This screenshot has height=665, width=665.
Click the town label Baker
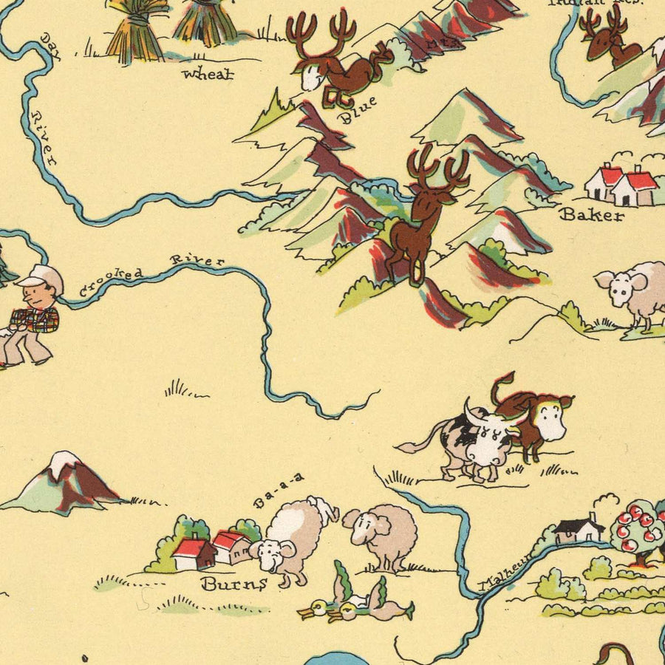point(591,215)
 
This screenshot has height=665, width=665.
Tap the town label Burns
point(233,584)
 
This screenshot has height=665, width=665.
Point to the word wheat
point(208,73)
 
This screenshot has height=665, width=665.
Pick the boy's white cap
point(41,276)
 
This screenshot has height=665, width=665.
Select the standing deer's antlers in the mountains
point(437,167)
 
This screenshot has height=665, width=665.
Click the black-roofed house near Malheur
point(579,528)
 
